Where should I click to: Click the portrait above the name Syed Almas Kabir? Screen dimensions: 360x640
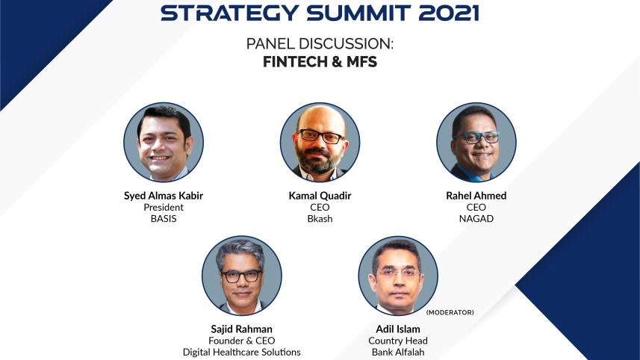pos(163,143)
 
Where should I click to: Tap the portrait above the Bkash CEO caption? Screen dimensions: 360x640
pos(320,143)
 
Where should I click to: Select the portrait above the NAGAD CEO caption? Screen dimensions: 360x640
pos(476,143)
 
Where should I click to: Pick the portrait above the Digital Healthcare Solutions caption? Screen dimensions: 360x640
pos(241,276)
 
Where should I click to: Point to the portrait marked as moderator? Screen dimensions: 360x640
pos(397,276)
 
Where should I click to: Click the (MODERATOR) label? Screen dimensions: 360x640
pos(450,312)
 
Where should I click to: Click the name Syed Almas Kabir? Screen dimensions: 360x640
pos(163,196)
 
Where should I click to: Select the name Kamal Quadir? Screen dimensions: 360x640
pos(320,196)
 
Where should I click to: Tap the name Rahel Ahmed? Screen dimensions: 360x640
pos(476,196)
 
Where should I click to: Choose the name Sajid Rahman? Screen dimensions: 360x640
pos(241,329)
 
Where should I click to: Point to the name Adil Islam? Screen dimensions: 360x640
pos(397,329)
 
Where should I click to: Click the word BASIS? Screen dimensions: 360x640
pos(163,219)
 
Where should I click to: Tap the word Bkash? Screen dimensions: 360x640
pos(320,219)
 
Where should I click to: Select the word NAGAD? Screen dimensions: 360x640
pos(476,219)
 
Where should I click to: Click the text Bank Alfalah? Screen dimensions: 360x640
pos(397,352)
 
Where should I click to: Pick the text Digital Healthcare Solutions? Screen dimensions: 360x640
pos(241,352)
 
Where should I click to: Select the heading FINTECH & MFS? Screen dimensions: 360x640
pos(320,63)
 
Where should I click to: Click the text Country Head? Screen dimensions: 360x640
pos(397,341)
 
